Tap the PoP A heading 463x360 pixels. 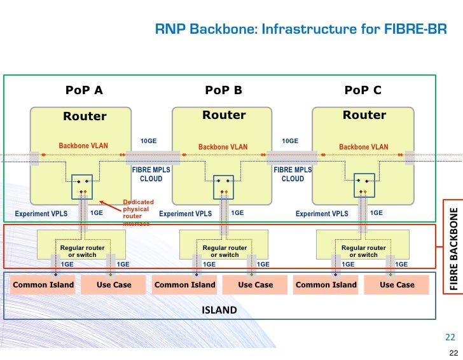point(84,90)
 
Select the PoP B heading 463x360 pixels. point(223,90)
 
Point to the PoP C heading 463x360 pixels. point(363,90)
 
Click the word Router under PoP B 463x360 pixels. point(224,115)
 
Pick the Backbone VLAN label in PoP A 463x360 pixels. point(83,146)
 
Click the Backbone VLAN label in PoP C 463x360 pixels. point(363,147)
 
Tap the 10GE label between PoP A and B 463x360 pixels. point(148,141)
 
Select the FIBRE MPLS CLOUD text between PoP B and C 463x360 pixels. point(293,174)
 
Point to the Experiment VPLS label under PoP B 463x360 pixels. point(185,214)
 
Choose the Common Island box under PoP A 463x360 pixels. point(43,285)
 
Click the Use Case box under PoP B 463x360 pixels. point(255,285)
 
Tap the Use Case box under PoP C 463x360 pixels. point(397,285)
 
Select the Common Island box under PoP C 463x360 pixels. point(326,285)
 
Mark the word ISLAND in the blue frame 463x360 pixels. point(219,310)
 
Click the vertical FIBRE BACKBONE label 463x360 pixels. point(453,249)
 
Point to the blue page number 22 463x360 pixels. point(450,337)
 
